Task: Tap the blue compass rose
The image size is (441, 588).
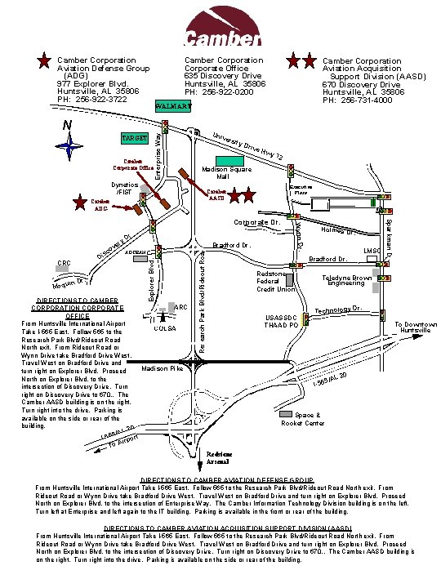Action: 69,145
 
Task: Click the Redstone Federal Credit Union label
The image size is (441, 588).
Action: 275,282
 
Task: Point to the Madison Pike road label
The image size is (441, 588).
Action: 162,369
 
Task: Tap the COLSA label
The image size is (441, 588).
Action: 165,328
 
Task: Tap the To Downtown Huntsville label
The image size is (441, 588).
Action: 416,327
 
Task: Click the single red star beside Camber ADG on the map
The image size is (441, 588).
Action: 80,203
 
